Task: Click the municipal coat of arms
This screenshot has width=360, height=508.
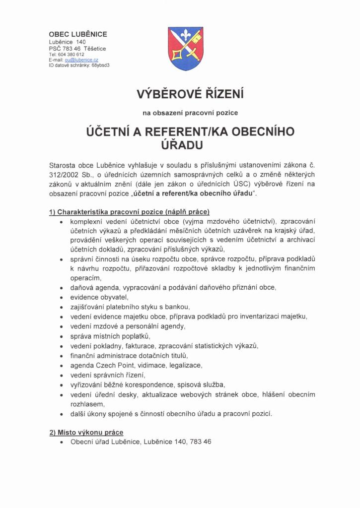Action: click(x=185, y=49)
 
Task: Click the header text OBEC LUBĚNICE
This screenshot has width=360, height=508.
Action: click(x=78, y=34)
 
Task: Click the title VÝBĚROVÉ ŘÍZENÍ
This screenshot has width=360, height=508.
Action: click(x=190, y=94)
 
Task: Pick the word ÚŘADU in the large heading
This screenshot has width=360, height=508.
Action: click(x=179, y=145)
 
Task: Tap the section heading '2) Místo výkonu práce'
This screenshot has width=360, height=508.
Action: click(x=86, y=432)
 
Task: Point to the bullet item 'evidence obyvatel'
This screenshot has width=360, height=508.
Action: click(x=99, y=297)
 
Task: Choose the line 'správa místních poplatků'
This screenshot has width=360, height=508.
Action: click(x=110, y=336)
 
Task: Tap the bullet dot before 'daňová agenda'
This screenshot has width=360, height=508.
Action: click(x=61, y=288)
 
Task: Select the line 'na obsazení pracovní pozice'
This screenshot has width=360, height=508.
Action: click(x=190, y=113)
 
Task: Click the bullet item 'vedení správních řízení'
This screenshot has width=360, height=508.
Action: click(x=108, y=375)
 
